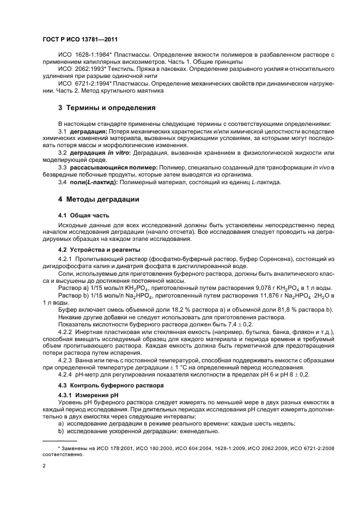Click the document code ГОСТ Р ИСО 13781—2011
[x=80, y=40]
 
